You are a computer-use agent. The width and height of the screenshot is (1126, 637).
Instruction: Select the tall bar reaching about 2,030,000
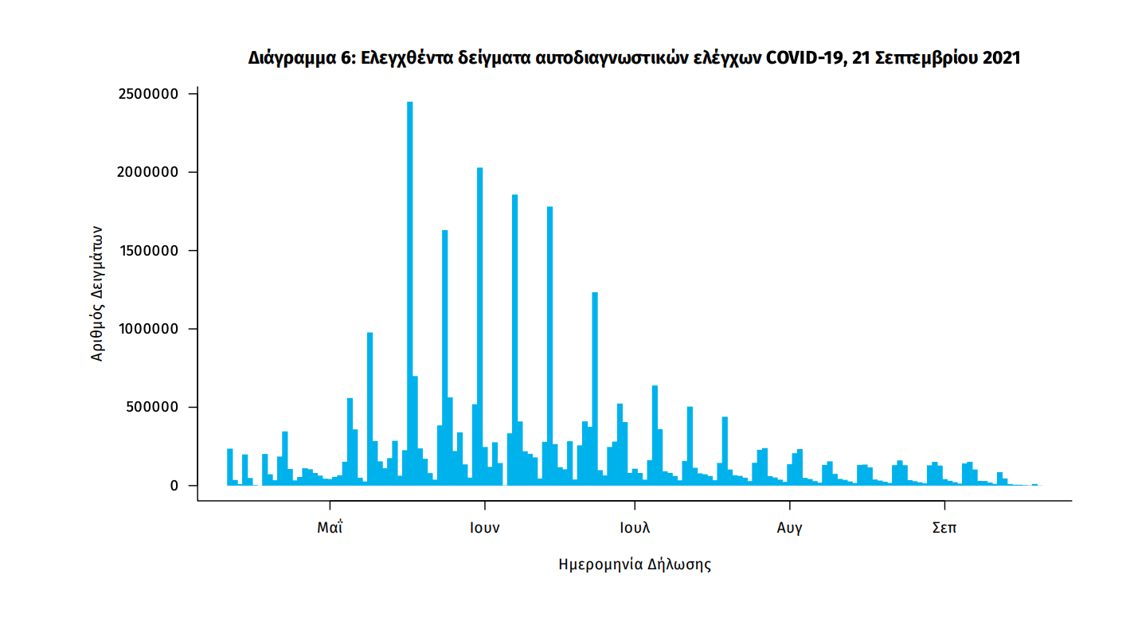479,326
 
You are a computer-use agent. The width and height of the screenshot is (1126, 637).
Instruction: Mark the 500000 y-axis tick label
156,407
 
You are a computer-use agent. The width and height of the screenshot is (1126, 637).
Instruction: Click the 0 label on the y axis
174,486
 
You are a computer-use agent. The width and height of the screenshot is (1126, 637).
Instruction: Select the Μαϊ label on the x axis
330,527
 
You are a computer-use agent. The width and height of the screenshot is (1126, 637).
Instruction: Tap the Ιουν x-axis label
484,527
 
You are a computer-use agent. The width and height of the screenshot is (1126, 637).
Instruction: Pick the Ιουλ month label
635,527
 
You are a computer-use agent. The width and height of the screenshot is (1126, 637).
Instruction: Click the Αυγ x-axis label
789,527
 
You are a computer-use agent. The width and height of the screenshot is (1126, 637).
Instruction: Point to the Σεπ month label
944,527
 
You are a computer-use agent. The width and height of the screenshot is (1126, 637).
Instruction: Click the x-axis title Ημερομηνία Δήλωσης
635,565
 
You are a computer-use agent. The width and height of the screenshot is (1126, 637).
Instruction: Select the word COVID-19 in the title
804,59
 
